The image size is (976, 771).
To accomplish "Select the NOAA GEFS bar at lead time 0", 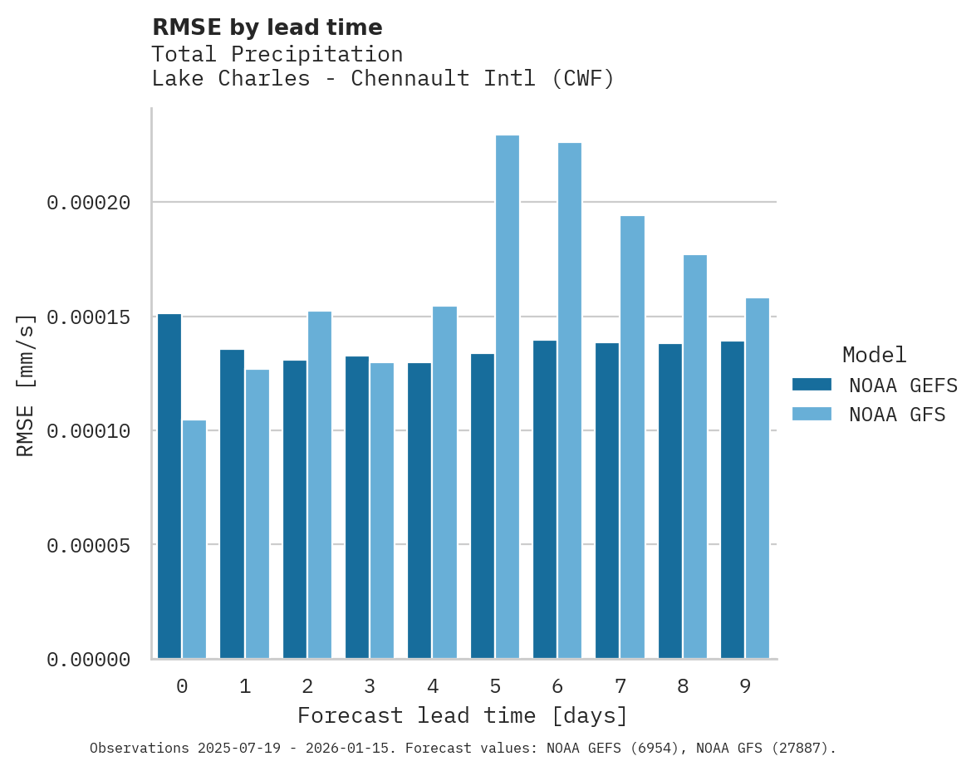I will coord(169,486).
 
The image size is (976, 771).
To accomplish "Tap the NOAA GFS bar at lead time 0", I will coord(194,539).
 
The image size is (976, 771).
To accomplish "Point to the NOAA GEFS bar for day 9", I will coord(733,499).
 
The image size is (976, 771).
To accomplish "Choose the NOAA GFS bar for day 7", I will coord(632,437).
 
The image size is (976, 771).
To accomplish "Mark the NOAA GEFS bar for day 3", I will coord(357,507).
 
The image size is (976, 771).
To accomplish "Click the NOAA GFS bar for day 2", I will coord(320,485).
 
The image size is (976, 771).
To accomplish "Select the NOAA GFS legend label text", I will coord(897,415).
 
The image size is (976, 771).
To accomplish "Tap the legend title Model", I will coord(874,355).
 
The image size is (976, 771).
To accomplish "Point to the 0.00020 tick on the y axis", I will coord(89,203).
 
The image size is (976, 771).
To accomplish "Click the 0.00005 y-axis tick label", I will coord(89,546).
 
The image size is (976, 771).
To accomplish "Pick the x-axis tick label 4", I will coord(433,687).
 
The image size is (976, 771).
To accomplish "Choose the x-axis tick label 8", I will coord(683,687).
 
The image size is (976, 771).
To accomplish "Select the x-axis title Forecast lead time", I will coord(463,715).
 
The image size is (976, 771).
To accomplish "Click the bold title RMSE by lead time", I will coord(267,27).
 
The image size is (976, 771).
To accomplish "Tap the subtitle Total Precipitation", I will coord(277,54).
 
